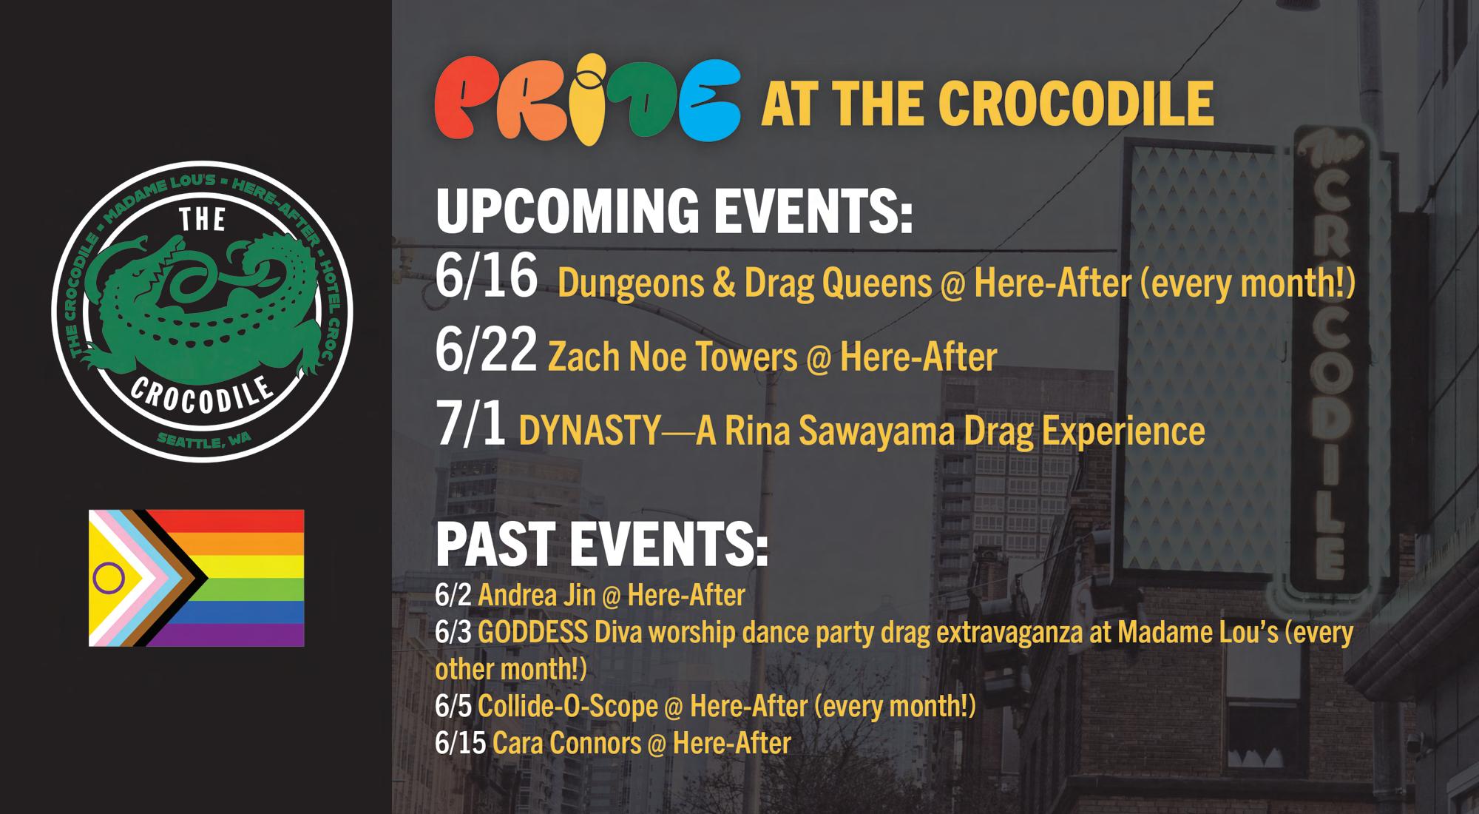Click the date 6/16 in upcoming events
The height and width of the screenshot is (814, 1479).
point(486,277)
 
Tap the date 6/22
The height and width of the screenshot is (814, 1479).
point(486,351)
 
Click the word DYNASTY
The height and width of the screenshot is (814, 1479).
point(589,431)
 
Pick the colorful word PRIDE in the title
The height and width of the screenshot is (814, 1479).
point(587,101)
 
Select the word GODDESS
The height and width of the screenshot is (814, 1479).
point(533,633)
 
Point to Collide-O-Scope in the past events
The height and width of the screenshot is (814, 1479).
point(568,707)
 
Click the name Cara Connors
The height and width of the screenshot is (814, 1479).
point(567,744)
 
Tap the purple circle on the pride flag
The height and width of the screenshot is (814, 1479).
point(108,577)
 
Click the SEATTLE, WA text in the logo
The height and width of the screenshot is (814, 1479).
point(204,441)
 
